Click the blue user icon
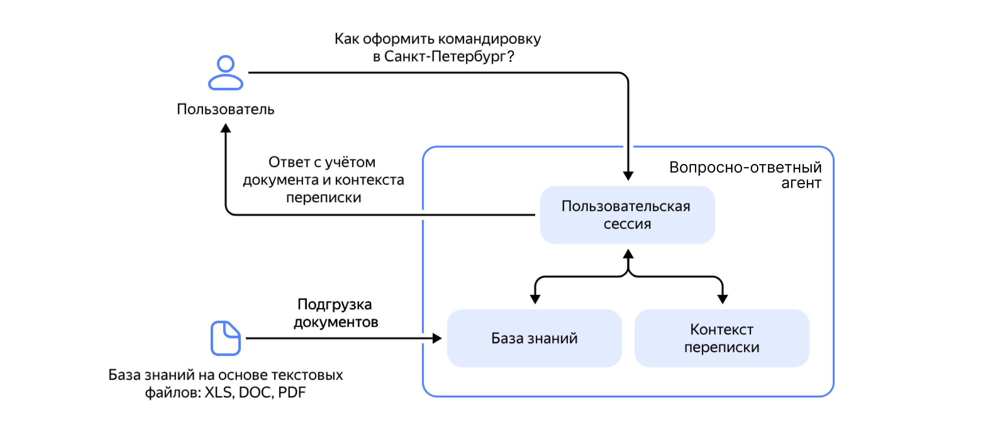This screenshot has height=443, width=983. coord(226,72)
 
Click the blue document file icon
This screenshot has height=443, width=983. coord(226,338)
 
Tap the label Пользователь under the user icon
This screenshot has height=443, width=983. coord(226,109)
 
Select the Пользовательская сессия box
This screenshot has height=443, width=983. coord(627,214)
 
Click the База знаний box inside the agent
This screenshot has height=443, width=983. coord(534,338)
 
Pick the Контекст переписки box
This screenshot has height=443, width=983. coord(722,338)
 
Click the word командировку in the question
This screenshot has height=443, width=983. coord(489,39)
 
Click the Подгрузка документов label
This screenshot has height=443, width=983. coord(336,313)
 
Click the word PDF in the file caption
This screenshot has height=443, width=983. coord(292,392)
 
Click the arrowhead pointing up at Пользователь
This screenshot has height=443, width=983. coord(226,128)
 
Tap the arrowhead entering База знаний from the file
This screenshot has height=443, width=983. coord(437,338)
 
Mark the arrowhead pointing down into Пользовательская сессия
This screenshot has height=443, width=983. coord(628,176)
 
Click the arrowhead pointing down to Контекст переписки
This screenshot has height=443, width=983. coord(722,299)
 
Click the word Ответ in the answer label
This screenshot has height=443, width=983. coord(289,162)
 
